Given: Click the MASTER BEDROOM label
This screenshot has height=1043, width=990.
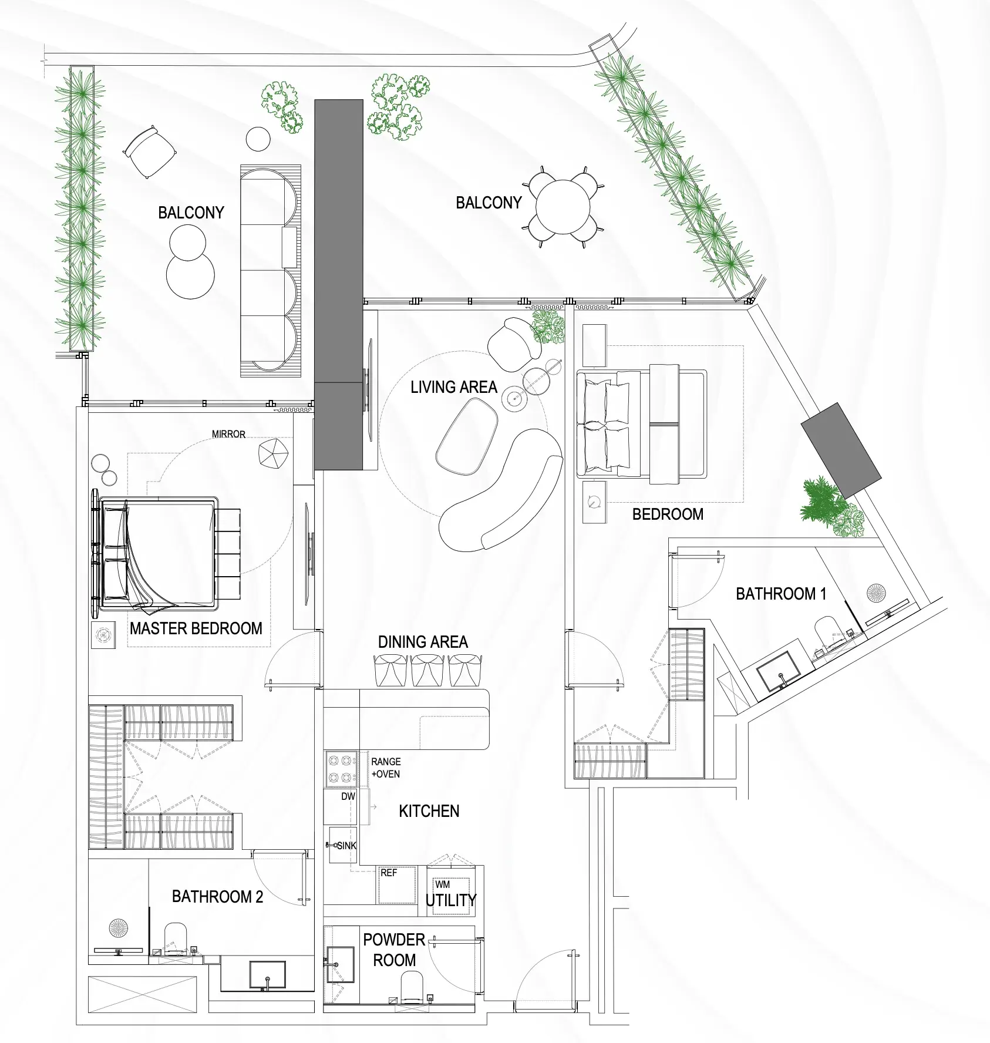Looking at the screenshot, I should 196,628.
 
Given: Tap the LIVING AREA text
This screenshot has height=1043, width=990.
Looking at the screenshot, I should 453,387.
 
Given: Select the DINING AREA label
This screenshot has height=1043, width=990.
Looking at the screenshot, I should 423,642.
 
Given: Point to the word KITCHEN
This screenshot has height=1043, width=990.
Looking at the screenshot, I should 429,811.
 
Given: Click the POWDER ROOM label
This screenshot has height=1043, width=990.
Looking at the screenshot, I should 394,950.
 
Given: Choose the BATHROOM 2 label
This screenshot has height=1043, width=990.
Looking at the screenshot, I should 217,896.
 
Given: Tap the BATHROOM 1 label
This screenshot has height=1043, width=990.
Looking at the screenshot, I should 780,594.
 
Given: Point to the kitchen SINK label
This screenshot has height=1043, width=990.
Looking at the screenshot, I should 346,846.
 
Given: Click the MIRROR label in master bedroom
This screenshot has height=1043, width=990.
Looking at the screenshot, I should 228,434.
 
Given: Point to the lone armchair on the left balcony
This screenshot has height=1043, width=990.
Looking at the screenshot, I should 150,150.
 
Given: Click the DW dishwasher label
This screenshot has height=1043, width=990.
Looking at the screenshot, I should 348,797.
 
